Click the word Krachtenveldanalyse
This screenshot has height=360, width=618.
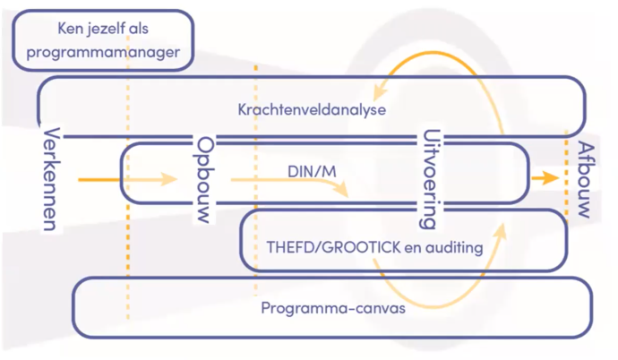pos(311,110)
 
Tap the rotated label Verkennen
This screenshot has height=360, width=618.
pos(50,179)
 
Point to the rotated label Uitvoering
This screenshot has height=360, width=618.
pos(429,180)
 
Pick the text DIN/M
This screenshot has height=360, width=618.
pos(306,170)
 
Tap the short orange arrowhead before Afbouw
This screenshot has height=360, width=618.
pos(540,179)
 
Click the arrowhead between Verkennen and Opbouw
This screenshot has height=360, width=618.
pos(169,179)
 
